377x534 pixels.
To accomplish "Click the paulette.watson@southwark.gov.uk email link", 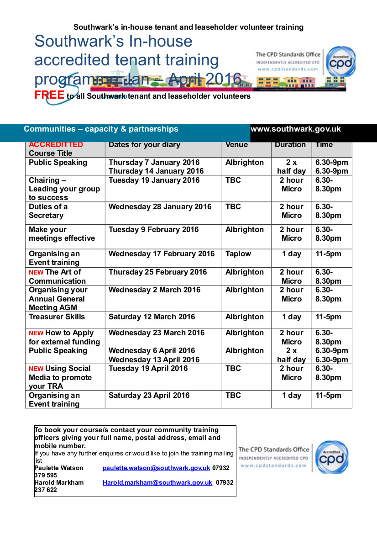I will [x=156, y=468].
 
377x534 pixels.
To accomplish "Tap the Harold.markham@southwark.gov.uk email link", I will [x=157, y=482].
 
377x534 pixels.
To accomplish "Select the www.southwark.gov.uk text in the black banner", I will [x=296, y=129].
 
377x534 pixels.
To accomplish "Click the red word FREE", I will [x=49, y=95].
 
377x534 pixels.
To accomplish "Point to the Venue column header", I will [x=236, y=145].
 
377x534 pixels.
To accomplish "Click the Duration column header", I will [x=290, y=145].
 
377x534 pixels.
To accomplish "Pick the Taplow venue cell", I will [x=238, y=254].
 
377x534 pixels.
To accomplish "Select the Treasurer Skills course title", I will [x=57, y=317].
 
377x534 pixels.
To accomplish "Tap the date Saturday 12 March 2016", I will [x=152, y=317].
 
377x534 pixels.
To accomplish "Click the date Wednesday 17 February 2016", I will [x=162, y=254].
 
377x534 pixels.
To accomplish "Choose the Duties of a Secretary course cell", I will [x=48, y=211].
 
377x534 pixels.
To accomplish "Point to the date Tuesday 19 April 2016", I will [x=148, y=369].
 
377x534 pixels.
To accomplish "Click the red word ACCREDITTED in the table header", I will [x=56, y=145].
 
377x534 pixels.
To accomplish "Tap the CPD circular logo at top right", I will [x=340, y=62].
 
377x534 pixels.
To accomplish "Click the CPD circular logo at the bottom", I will [x=332, y=457].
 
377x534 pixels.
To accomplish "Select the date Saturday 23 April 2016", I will [x=149, y=396].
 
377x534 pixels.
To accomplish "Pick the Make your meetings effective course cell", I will [x=62, y=234].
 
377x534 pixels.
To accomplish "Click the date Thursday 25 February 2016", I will [x=157, y=272].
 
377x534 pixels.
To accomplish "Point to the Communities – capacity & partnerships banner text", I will [x=101, y=129].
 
